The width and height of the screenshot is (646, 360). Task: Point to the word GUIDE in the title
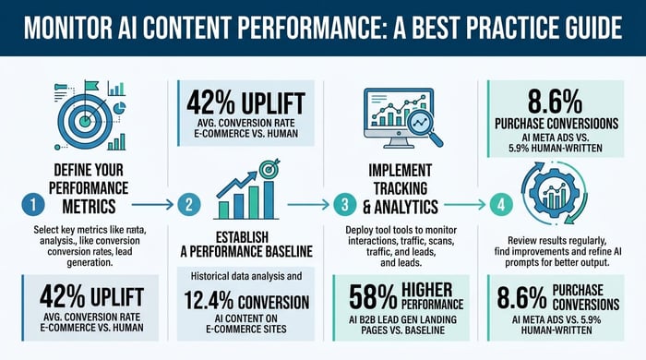coord(576,27)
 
